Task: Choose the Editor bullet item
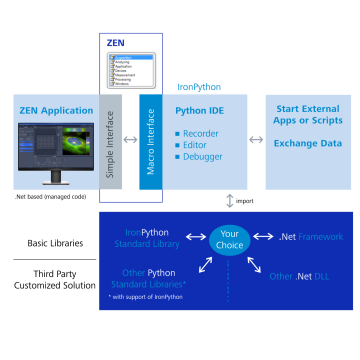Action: (x=199, y=143)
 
